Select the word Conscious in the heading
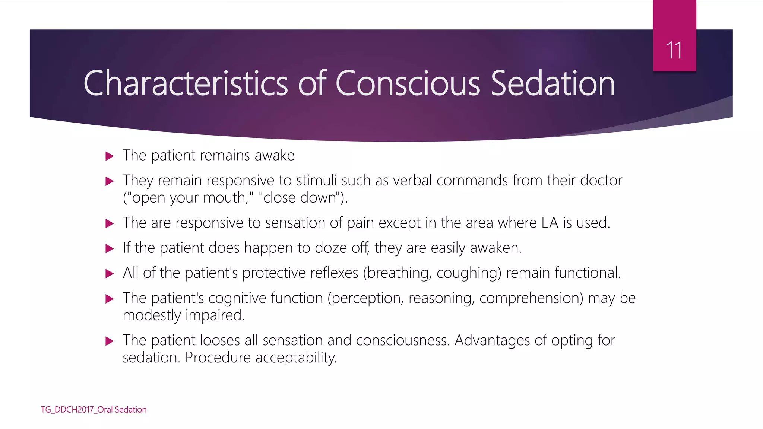[x=408, y=83]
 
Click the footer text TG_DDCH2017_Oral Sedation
[x=94, y=410]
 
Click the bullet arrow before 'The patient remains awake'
[x=110, y=156]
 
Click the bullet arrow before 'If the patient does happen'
[x=110, y=248]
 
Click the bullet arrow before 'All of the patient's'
[x=110, y=274]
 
